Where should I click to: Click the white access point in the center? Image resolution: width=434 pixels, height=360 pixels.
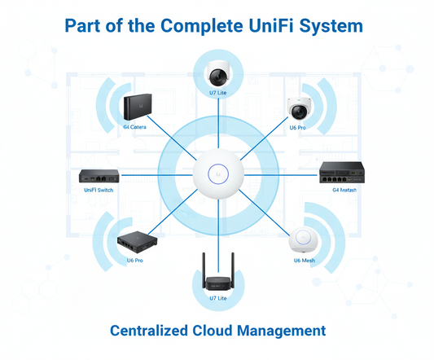pyautogui.click(x=217, y=173)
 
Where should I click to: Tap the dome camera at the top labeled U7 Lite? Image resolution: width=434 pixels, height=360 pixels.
pyautogui.click(x=217, y=74)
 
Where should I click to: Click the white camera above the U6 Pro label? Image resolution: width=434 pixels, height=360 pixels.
pyautogui.click(x=298, y=108)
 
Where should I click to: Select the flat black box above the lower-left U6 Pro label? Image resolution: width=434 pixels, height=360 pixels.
pyautogui.click(x=134, y=239)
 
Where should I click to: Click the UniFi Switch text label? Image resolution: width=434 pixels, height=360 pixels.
pyautogui.click(x=99, y=190)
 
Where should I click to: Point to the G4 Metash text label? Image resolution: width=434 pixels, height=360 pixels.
pyautogui.click(x=344, y=190)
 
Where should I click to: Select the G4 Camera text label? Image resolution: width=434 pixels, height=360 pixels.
pyautogui.click(x=135, y=128)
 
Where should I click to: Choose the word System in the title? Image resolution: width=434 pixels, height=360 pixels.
pyautogui.click(x=330, y=26)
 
